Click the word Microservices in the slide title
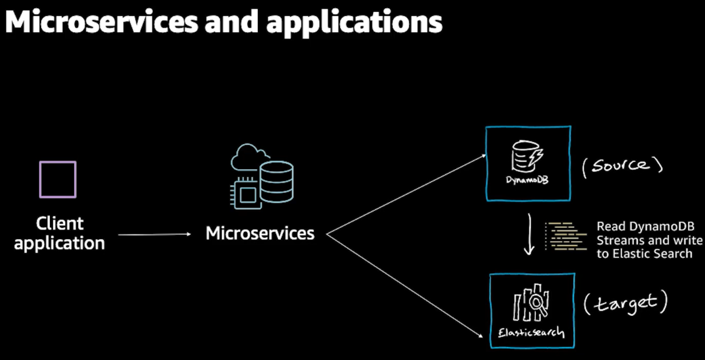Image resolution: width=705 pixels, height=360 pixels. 102,22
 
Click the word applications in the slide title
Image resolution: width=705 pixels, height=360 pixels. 354,23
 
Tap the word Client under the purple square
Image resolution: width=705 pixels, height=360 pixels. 60,224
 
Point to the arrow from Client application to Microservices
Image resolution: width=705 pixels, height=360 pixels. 155,234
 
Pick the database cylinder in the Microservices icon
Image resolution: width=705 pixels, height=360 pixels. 277,182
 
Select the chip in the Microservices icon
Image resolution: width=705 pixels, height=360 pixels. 246,194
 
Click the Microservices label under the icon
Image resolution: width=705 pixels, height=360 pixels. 260,234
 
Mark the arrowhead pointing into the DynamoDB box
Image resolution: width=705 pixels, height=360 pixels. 484,156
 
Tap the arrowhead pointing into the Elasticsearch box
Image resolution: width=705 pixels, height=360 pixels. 481,336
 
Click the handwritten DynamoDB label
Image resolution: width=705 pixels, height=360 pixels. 527,180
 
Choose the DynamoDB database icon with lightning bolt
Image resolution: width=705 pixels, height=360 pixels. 527,156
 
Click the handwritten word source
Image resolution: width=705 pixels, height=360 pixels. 620,165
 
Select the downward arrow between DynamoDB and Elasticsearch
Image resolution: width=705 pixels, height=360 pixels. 529,234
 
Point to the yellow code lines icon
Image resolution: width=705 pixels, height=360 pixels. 566,236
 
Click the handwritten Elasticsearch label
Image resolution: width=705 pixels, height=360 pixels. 531,332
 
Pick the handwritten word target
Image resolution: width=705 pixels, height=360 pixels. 626,304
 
